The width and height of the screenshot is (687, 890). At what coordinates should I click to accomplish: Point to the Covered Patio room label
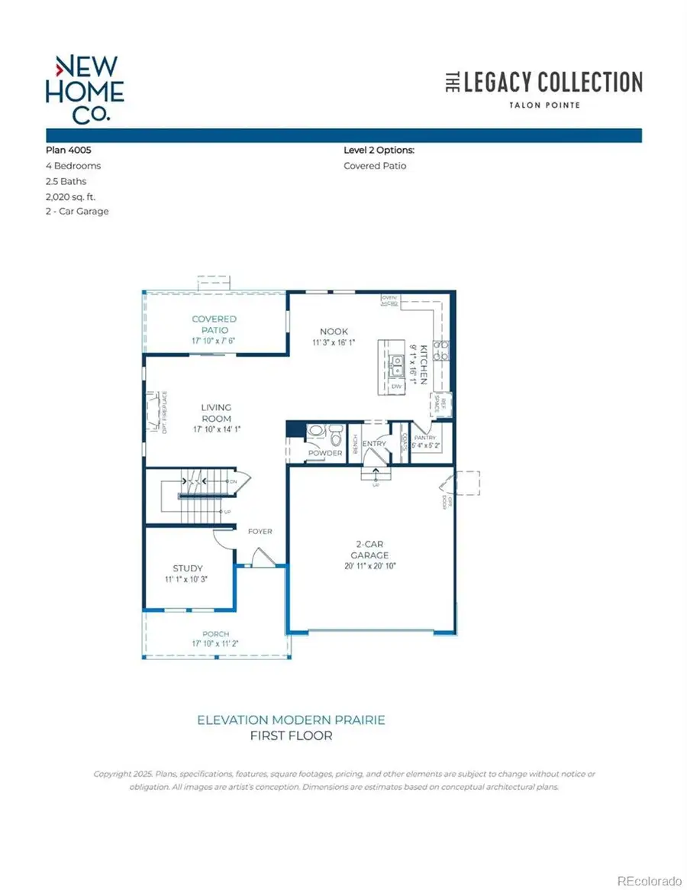(214, 323)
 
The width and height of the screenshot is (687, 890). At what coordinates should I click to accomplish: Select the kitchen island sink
(396, 365)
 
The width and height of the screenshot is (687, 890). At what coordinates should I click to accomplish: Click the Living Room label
(216, 413)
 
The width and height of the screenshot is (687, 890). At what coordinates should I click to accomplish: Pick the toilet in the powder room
(336, 438)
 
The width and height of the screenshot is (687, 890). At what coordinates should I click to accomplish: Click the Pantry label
(424, 437)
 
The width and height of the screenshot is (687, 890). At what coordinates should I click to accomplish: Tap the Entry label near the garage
(375, 443)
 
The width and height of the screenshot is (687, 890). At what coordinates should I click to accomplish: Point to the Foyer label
(260, 531)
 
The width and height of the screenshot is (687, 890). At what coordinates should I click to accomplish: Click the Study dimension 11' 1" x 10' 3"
(187, 579)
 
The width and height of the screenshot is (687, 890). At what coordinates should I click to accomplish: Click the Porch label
(215, 634)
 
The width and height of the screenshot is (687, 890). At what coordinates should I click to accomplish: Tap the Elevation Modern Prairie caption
(291, 720)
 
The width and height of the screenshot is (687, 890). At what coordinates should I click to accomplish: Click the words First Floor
(291, 736)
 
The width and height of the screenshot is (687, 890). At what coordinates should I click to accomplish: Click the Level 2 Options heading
(379, 151)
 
